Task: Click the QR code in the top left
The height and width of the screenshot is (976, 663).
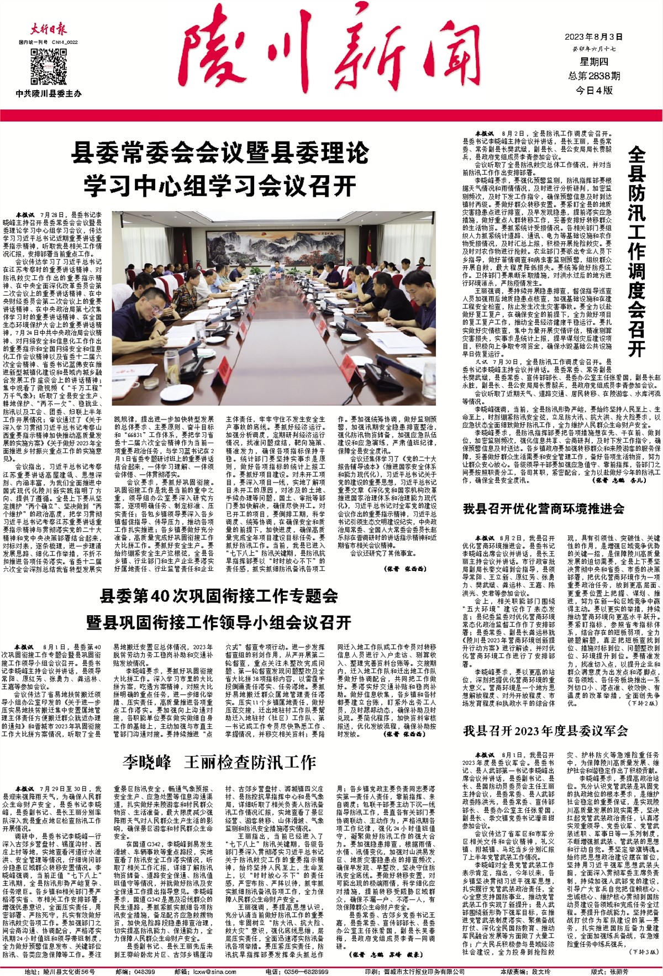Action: pyautogui.click(x=45, y=64)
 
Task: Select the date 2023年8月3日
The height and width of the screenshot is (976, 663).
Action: pyautogui.click(x=593, y=38)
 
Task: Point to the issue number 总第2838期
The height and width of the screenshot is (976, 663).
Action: pyautogui.click(x=594, y=76)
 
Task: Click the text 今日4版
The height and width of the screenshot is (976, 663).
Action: pyautogui.click(x=594, y=90)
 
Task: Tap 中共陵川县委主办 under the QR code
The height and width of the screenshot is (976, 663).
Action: pyautogui.click(x=49, y=94)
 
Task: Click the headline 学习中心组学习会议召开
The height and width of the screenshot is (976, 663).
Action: pyautogui.click(x=219, y=186)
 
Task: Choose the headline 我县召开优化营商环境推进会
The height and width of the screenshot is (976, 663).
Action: pyautogui.click(x=543, y=509)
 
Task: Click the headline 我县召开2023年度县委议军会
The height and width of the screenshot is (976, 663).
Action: pyautogui.click(x=545, y=731)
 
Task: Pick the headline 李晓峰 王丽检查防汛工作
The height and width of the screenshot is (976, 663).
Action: pyautogui.click(x=219, y=763)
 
